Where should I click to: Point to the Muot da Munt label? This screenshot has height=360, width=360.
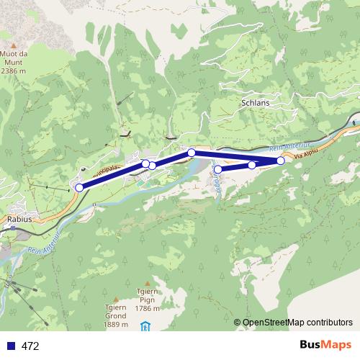14,62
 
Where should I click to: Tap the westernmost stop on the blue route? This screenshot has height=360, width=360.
79,187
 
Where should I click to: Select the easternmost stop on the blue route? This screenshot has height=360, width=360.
280,160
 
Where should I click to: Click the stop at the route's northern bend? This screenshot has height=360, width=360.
192,152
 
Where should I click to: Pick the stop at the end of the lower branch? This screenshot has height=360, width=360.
218,169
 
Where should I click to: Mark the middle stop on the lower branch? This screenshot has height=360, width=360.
252,165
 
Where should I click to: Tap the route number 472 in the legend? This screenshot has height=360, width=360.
30,346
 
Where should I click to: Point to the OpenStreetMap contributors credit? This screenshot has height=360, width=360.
297,322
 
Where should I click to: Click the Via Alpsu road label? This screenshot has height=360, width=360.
307,153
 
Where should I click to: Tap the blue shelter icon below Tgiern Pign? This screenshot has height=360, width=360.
146,325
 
